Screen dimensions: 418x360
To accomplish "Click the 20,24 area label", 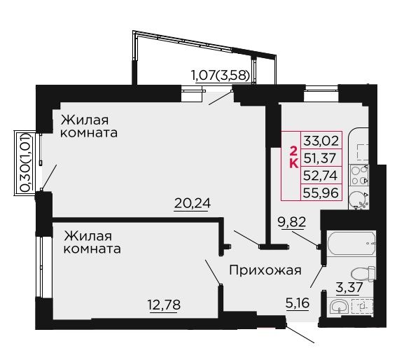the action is (193, 204).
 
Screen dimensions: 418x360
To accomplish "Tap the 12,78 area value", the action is (164, 305).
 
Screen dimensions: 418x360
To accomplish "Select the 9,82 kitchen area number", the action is (291, 222).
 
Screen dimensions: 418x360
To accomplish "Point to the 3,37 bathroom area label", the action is (349, 287).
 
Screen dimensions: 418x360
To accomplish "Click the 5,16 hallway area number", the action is (298, 303).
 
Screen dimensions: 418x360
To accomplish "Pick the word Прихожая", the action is (265, 270).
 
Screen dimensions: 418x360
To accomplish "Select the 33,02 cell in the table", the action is (321, 141).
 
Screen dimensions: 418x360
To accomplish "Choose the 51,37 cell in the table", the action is (320, 158).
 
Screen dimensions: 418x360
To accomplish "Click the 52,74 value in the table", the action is (321, 176).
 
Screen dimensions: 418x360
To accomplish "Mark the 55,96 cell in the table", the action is (321, 193).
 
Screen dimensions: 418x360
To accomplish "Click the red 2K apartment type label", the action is (293, 158).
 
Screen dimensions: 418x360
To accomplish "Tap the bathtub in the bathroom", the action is (351, 244).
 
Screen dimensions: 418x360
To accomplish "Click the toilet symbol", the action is (363, 274).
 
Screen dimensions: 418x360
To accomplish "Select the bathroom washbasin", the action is (339, 306).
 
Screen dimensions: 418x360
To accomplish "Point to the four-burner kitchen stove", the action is (359, 175).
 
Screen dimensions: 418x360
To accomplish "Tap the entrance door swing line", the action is (300, 333).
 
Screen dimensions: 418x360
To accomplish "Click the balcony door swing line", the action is (221, 97).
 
